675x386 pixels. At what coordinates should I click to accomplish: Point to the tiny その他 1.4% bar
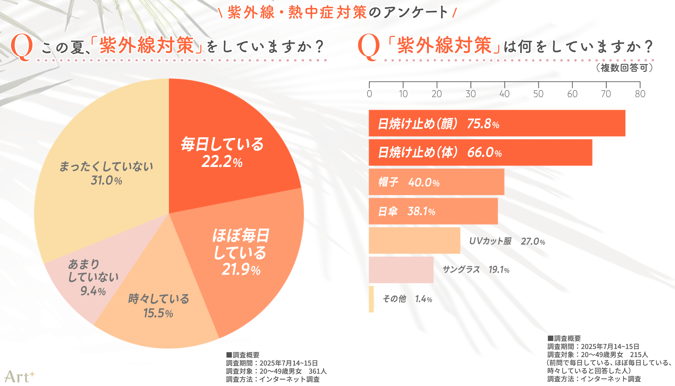pyautogui.click(x=371, y=299)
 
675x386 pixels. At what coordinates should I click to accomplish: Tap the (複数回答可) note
pyautogui.click(x=624, y=68)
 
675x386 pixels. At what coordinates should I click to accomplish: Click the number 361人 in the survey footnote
pyautogui.click(x=317, y=371)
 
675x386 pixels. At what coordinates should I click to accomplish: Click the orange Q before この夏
pyautogui.click(x=22, y=47)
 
